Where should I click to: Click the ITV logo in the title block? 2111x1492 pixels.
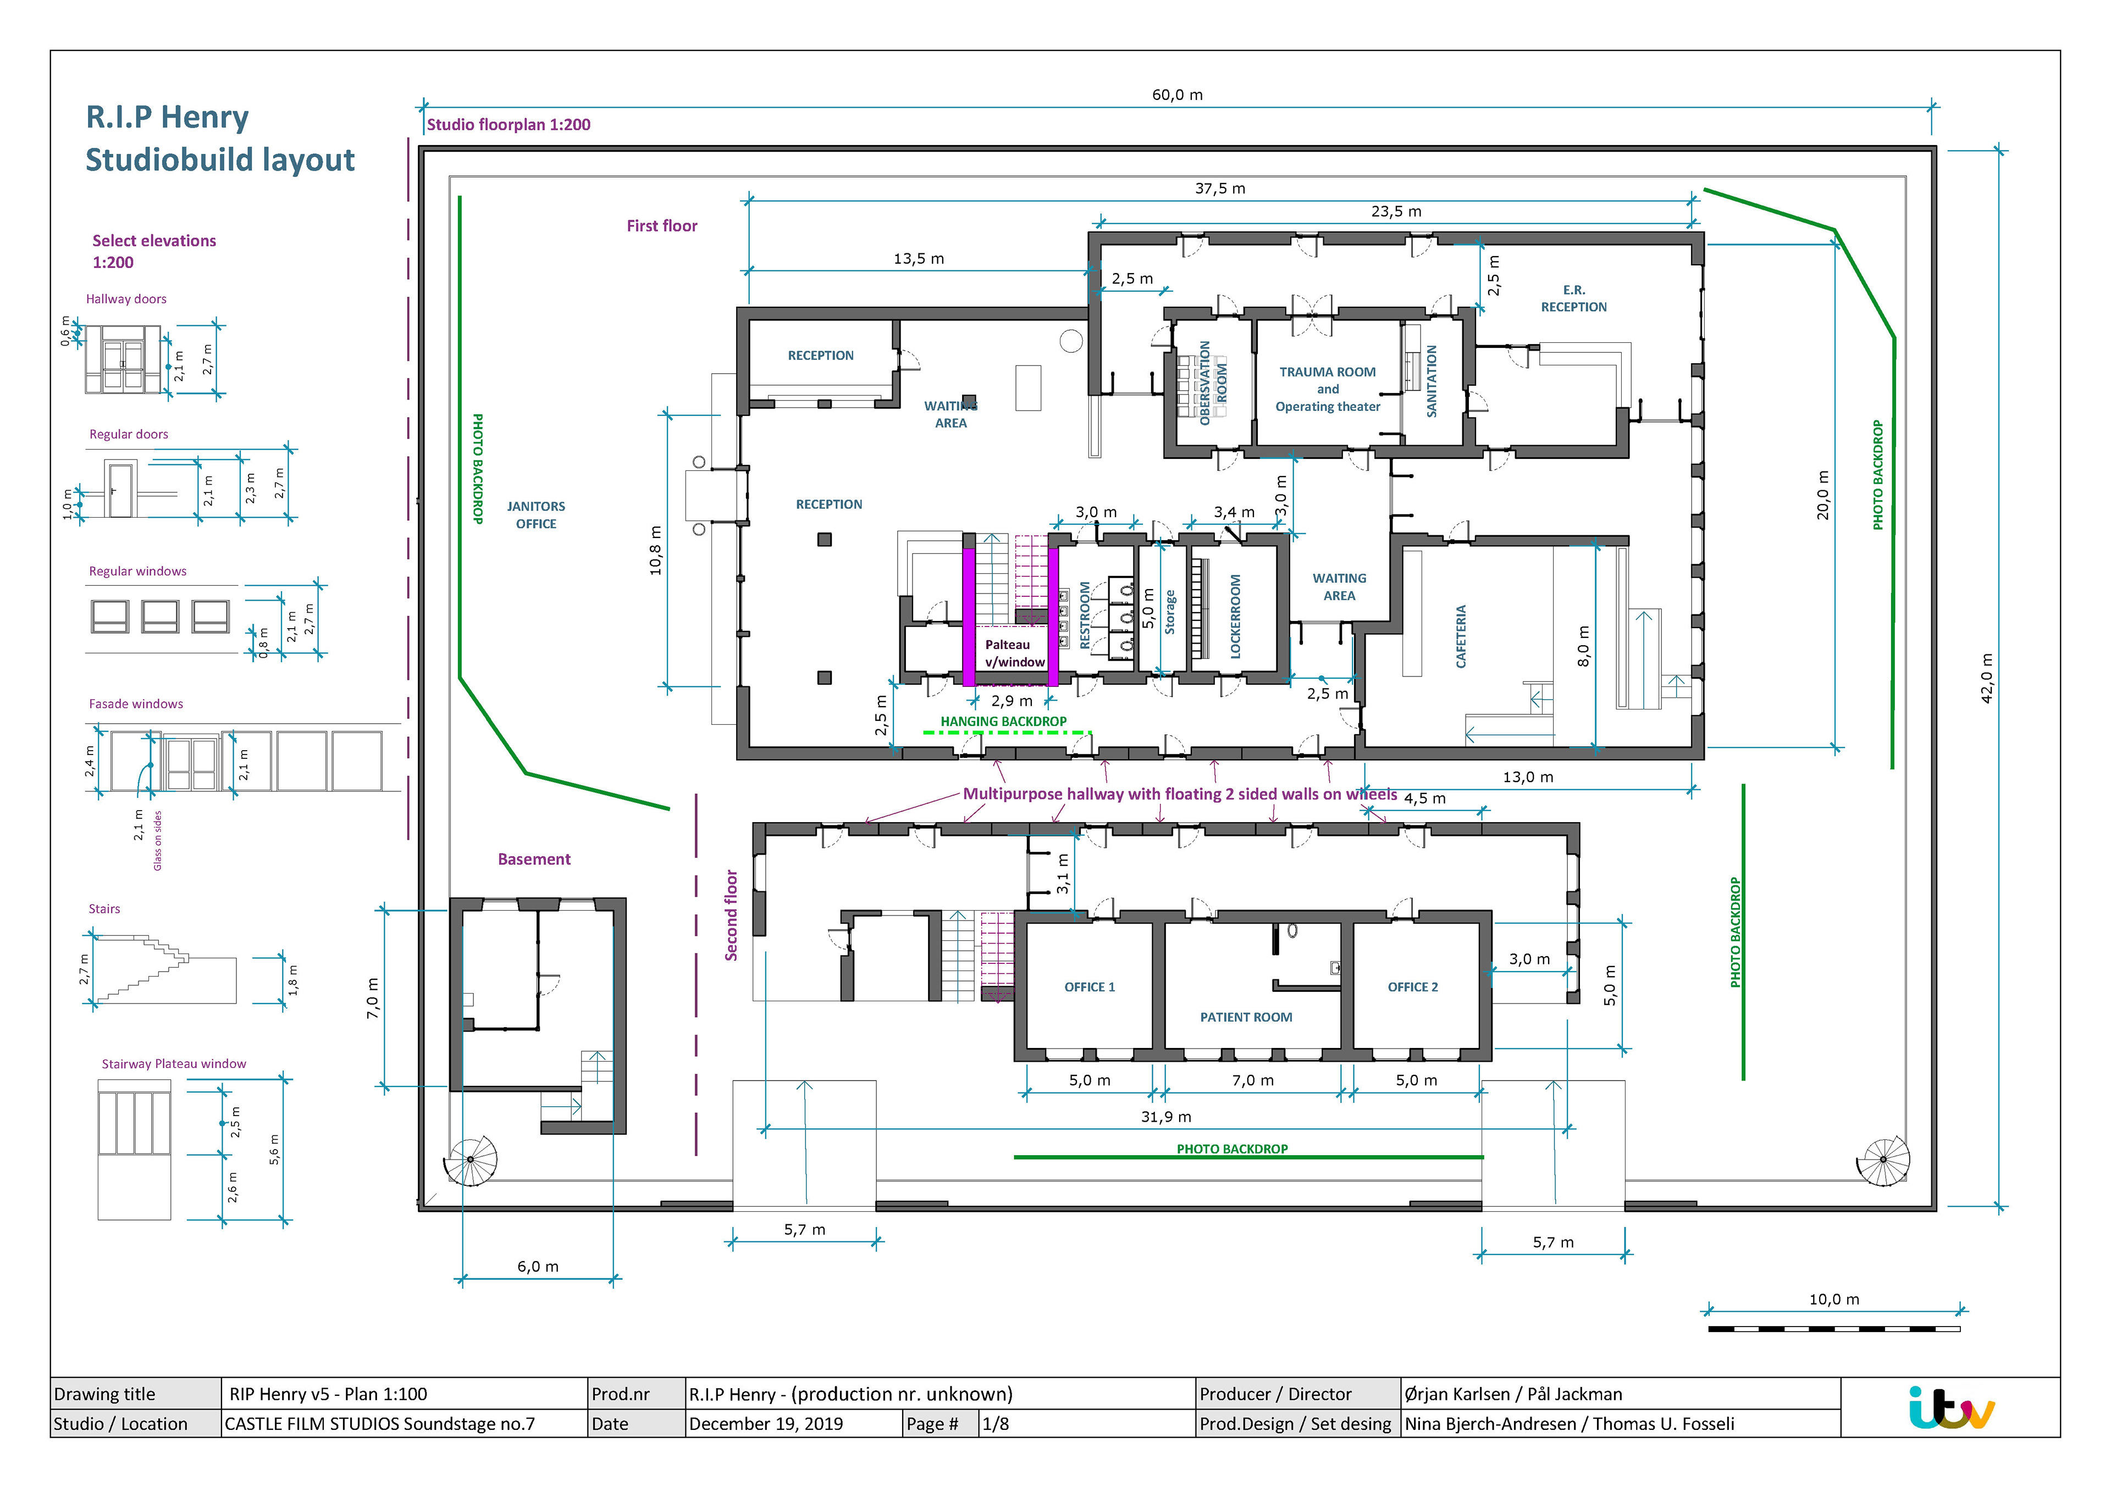point(1951,1407)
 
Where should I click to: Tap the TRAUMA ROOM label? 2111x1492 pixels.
point(1328,372)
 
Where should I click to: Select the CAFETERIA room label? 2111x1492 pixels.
point(1461,636)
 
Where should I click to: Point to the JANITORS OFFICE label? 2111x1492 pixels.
point(536,515)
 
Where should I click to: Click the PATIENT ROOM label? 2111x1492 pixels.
point(1246,1017)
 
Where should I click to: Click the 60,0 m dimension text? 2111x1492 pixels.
point(1178,95)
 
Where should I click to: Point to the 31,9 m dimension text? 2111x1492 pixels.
point(1166,1117)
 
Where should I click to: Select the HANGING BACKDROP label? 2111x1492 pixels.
point(1003,722)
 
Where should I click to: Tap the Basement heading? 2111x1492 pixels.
point(534,859)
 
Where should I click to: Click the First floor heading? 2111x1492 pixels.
point(662,226)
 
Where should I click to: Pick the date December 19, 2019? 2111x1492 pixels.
point(766,1424)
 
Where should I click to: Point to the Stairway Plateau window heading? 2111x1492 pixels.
point(174,1063)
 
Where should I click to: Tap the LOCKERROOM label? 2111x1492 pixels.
point(1236,616)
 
